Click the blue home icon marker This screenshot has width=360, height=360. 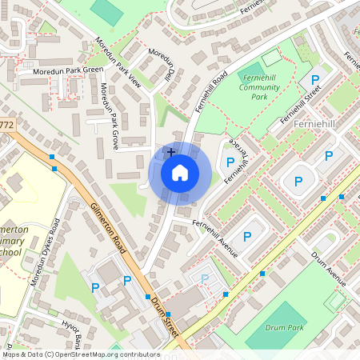click(x=180, y=173)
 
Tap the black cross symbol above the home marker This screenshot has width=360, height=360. click(x=170, y=151)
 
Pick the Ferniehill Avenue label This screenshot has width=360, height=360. click(x=217, y=238)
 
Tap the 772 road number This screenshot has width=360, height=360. click(x=7, y=125)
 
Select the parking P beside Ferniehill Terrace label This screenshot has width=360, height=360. click(x=230, y=162)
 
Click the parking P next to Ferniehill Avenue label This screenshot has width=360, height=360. click(x=247, y=236)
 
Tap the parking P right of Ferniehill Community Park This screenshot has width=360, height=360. click(x=315, y=80)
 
